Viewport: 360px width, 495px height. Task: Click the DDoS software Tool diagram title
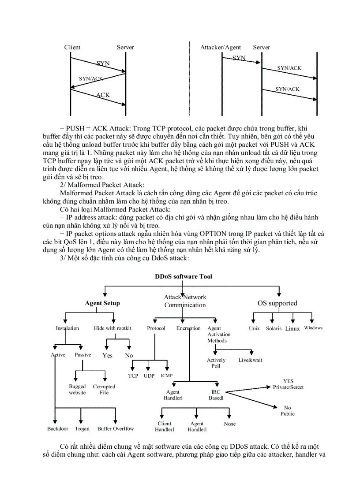[183, 276]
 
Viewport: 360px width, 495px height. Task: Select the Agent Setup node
[102, 303]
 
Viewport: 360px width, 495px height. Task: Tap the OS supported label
[277, 303]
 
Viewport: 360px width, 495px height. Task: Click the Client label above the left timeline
[72, 47]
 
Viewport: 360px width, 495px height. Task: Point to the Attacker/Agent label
[221, 47]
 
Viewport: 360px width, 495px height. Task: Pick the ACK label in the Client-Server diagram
[103, 95]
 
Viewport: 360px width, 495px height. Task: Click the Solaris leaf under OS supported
[274, 328]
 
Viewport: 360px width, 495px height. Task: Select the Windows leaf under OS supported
[313, 328]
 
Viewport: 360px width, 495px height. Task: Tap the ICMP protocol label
[167, 376]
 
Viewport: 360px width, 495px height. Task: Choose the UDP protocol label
[149, 376]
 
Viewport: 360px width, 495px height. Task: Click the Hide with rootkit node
[112, 328]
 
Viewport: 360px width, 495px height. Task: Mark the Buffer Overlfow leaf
[116, 428]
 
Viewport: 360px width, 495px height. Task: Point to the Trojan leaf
[82, 428]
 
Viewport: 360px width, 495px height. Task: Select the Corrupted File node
[104, 389]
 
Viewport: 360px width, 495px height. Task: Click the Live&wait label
[250, 360]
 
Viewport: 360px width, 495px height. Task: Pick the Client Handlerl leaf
[165, 426]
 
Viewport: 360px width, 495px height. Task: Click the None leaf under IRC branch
[230, 424]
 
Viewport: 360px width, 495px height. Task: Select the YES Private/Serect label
[288, 384]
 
